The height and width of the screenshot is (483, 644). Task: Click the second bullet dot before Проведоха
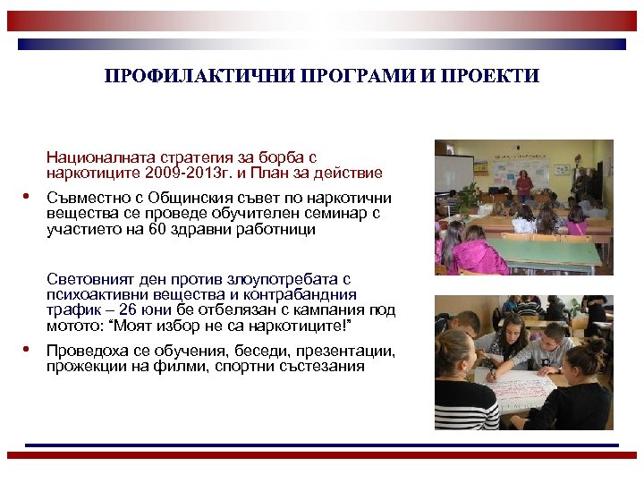[27, 350]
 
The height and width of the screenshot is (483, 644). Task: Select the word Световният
[89, 280]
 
